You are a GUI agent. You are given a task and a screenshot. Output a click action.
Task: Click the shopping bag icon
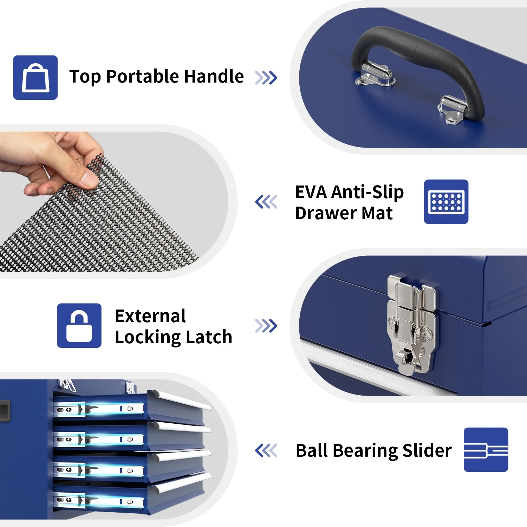[35, 78]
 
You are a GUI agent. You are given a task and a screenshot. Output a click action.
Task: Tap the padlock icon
[79, 326]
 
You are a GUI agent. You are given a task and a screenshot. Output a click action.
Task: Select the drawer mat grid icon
[446, 202]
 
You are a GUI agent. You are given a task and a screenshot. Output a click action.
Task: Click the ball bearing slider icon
[486, 450]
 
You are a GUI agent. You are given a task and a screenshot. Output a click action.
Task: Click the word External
[150, 316]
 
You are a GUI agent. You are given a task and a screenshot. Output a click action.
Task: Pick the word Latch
[209, 337]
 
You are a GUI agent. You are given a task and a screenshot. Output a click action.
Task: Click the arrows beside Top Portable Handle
[266, 78]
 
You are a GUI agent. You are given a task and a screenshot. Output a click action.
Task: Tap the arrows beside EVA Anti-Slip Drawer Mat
[266, 202]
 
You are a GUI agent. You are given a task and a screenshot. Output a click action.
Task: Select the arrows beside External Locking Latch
[266, 326]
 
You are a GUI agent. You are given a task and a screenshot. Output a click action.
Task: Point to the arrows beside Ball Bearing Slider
[266, 450]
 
